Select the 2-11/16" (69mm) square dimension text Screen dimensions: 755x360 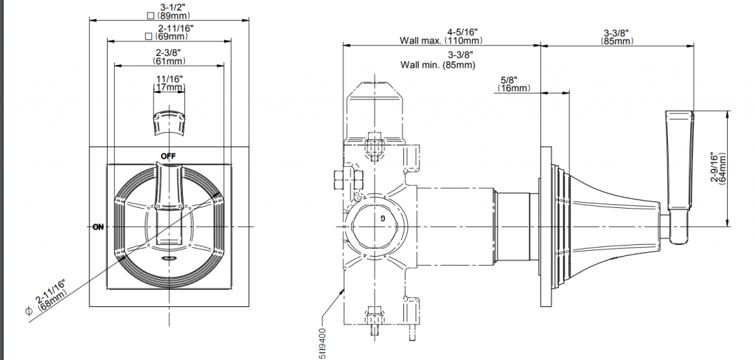(x=169, y=32)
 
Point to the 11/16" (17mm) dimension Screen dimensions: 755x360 (x=169, y=83)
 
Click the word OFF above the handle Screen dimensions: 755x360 (x=169, y=156)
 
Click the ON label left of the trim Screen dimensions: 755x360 (x=98, y=226)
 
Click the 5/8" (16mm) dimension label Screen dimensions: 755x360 (x=514, y=84)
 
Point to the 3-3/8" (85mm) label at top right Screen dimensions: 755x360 (x=617, y=37)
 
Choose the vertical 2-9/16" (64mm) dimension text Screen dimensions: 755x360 (x=718, y=168)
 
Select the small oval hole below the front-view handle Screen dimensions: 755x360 (x=169, y=259)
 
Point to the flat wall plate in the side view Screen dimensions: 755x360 (x=546, y=226)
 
